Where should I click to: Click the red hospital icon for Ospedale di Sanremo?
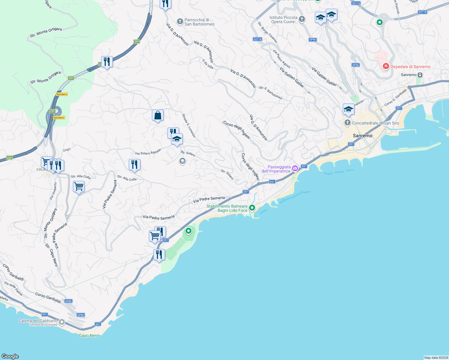[x=386, y=66]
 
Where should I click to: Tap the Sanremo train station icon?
[x=420, y=75]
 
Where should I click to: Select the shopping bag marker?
[x=158, y=115]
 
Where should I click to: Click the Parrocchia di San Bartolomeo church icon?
[x=180, y=21]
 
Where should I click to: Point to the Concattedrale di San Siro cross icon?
[x=348, y=123]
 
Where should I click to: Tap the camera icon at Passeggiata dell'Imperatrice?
[x=295, y=168]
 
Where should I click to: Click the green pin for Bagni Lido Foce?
[x=252, y=208]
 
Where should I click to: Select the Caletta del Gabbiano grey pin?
[x=62, y=322]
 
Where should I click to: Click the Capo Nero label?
[x=89, y=335]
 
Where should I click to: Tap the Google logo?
[x=10, y=356]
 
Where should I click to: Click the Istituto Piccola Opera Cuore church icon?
[x=302, y=19]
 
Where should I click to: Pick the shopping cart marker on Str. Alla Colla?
[x=79, y=187]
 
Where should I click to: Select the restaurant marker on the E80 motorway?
[x=107, y=62]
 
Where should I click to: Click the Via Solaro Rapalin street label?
[x=148, y=152]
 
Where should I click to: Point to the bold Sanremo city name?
[x=363, y=136]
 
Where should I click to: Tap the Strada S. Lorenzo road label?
[x=189, y=125]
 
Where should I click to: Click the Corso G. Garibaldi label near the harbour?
[x=395, y=97]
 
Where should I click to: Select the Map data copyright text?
[x=436, y=357]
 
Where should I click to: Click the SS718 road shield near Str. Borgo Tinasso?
[x=258, y=39]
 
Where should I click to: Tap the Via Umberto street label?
[x=53, y=191]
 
